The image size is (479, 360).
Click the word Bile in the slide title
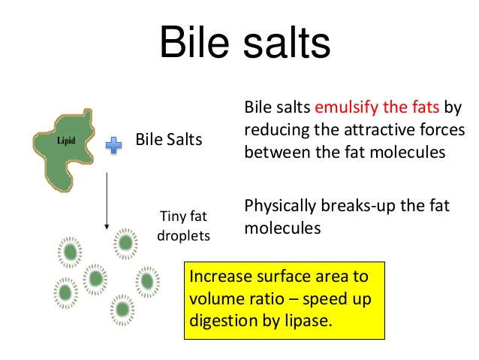194,41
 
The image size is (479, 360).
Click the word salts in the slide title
287,41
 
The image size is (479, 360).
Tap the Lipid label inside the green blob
66,141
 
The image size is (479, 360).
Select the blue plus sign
113,145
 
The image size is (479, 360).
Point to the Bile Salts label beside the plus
169,140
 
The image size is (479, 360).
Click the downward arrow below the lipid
107,201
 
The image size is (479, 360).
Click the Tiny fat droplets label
183,226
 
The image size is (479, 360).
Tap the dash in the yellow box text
294,299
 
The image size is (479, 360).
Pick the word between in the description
277,152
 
